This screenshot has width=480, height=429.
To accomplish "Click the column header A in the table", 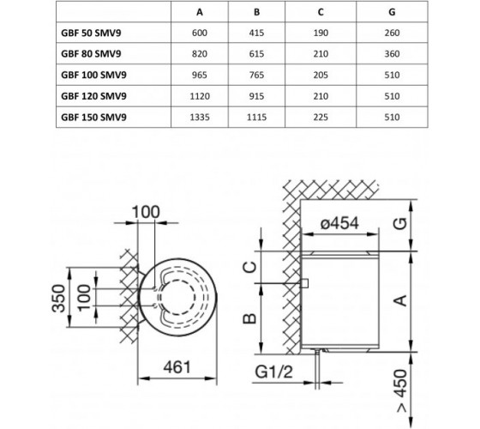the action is coord(200,12).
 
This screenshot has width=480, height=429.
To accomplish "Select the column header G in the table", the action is coord(392,12).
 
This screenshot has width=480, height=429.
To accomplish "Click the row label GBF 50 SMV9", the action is coord(91,33).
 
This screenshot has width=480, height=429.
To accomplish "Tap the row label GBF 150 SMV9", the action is coord(93,118).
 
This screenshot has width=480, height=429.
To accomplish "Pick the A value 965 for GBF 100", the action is coord(200,76).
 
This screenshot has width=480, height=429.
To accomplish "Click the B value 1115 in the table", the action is coord(256,118).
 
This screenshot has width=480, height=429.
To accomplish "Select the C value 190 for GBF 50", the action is coord(321,33).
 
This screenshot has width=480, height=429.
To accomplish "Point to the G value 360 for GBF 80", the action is coord(392,54).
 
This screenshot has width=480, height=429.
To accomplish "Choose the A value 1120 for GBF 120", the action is coord(200,96).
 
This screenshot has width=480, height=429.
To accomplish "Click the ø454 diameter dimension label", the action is coord(339,223).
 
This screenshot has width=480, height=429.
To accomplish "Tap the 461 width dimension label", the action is coord(177,367).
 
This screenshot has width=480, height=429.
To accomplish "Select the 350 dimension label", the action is coord(58,299).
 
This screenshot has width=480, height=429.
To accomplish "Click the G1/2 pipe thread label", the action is coord(273,372).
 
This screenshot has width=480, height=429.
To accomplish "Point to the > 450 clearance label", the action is coord(401,390).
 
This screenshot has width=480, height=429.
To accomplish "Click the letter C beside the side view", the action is coord(249,267).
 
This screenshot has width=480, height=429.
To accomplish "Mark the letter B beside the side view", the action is coord(249,318).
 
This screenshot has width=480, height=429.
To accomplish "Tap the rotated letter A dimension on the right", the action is coord(400,300).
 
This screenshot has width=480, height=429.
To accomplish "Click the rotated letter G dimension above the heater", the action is coord(400,224).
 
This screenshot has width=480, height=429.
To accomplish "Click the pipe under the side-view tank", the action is coord(317,369).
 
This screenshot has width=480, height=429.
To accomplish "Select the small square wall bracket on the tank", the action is coord(304,283).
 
